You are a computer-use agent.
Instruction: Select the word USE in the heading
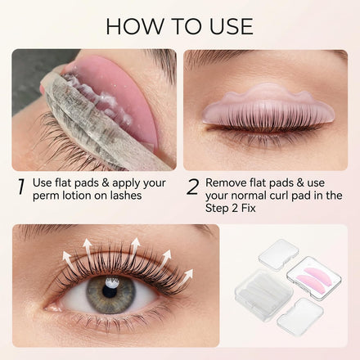coord(232,26)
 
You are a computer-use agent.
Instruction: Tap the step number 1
coord(21,187)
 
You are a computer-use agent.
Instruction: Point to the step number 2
coord(192,187)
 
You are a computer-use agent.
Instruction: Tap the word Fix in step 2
coord(248,208)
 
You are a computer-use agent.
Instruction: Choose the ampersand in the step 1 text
coord(106,182)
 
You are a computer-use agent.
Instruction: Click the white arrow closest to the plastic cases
coord(187,276)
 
